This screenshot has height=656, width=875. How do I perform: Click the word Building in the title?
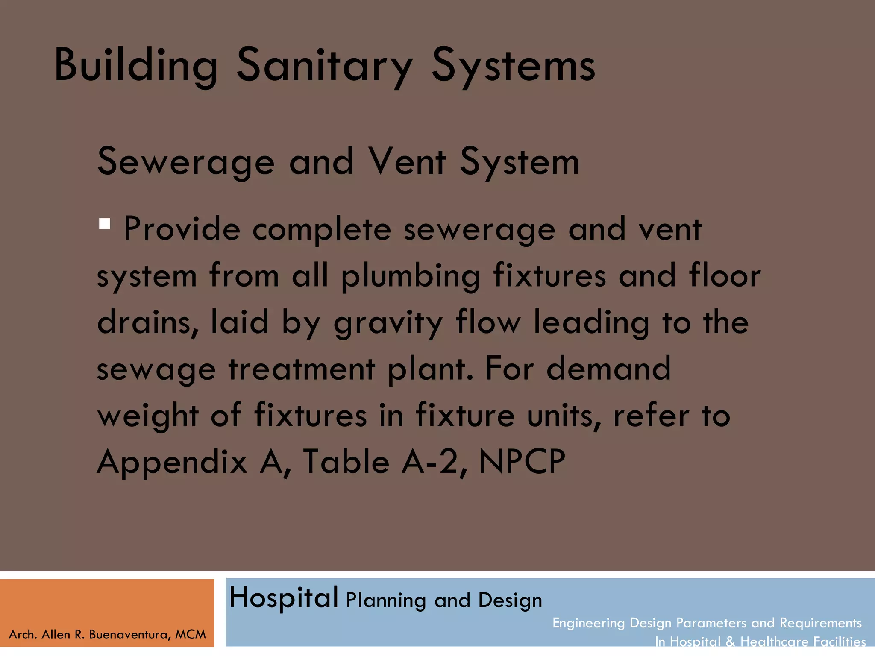click(136, 65)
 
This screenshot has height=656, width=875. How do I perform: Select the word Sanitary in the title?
click(325, 65)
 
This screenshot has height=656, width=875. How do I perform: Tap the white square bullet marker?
click(105, 224)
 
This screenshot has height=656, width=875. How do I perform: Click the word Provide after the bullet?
click(182, 229)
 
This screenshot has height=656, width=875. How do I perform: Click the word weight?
click(148, 416)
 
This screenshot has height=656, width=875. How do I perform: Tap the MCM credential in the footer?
click(191, 635)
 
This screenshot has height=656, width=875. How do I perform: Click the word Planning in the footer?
click(386, 601)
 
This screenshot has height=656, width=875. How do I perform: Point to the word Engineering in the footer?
click(589, 623)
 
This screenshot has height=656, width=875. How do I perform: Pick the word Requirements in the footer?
click(820, 623)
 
